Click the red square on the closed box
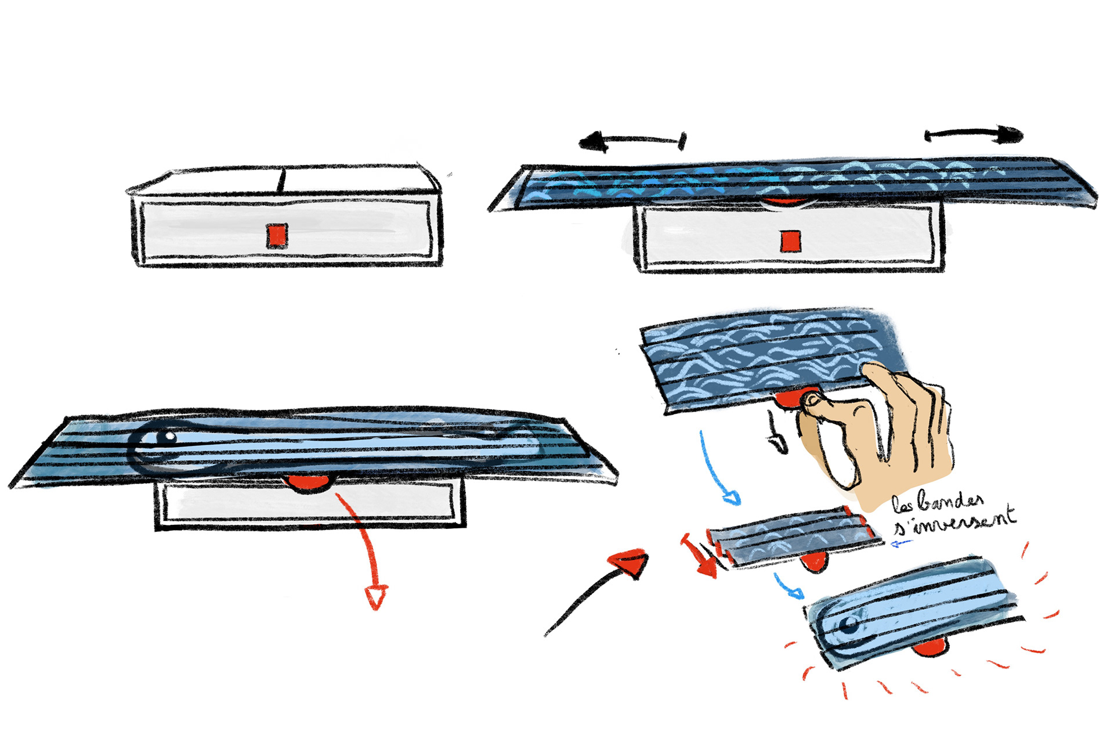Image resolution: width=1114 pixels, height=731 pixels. (277, 236)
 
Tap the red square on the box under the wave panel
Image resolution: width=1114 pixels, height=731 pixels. (790, 241)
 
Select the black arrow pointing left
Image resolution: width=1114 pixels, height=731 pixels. (633, 141)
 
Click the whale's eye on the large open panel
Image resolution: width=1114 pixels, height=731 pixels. (169, 435)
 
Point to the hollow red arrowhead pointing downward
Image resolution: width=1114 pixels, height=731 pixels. (376, 597)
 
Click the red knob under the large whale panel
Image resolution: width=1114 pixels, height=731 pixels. (307, 482)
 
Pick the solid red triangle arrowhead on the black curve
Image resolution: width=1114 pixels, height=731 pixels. (629, 563)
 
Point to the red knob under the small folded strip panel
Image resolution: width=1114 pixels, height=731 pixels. (813, 561)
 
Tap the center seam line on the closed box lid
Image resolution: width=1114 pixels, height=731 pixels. (282, 181)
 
